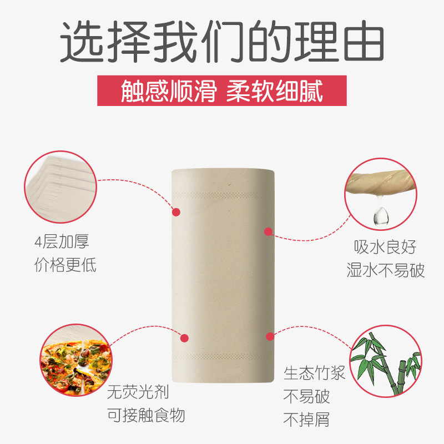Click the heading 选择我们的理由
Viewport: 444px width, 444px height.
tap(222, 42)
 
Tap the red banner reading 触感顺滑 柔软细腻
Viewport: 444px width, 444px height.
tap(222, 90)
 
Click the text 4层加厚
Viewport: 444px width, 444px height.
tap(61, 243)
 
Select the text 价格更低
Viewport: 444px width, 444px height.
tap(65, 265)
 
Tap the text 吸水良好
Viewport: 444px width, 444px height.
tap(385, 248)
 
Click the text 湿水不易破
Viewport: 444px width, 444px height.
tap(385, 270)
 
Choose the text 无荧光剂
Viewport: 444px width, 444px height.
tap(138, 393)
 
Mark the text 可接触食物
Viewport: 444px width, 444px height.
tap(145, 415)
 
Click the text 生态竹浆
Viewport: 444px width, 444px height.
tap(314, 373)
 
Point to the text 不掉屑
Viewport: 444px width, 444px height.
tap(306, 420)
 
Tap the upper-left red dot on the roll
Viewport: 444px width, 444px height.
tap(176, 211)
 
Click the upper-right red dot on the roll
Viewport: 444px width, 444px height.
tap(268, 231)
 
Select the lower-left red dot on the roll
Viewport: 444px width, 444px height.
tap(185, 337)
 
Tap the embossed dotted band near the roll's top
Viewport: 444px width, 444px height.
tap(222, 196)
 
